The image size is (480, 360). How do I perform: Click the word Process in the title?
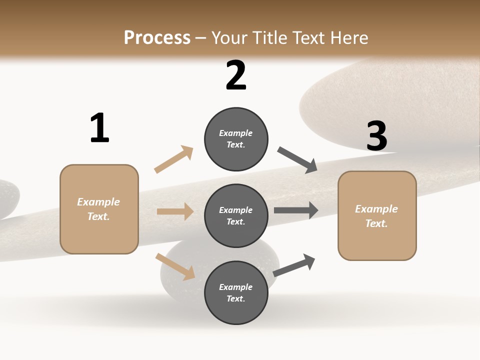[157, 38]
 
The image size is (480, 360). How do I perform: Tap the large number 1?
[99, 128]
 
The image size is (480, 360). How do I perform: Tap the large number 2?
[236, 75]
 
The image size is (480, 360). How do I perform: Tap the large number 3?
[376, 136]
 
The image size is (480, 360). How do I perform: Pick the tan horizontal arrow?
[175, 211]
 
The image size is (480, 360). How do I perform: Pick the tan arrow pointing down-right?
[175, 266]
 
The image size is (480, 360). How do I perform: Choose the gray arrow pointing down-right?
[297, 160]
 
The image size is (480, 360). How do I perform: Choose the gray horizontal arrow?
[296, 210]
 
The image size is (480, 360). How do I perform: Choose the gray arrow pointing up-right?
[294, 265]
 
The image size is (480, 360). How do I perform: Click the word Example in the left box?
[98, 202]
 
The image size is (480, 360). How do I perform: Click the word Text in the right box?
[376, 223]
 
